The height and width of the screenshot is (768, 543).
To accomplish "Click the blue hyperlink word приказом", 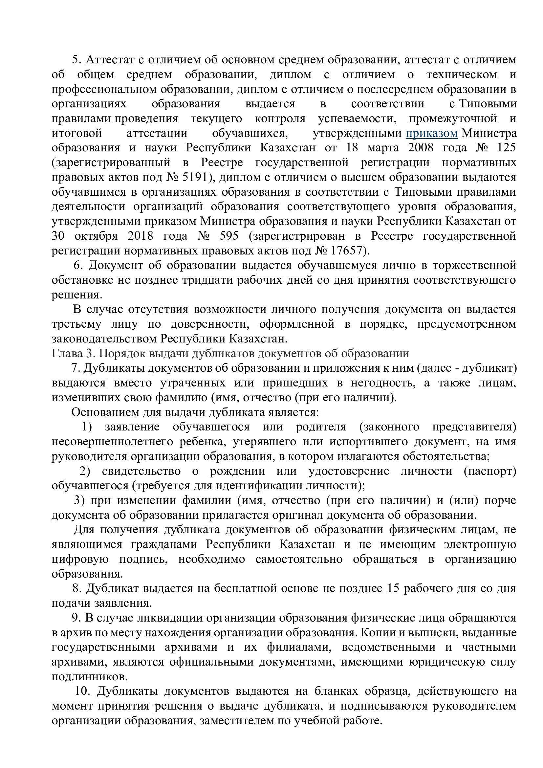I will point(432,133).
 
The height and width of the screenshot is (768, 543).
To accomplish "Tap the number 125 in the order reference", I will point(506,148).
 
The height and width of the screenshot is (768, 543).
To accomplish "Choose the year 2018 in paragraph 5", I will point(141,236).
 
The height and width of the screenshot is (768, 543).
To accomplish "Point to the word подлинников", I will point(89,677).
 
